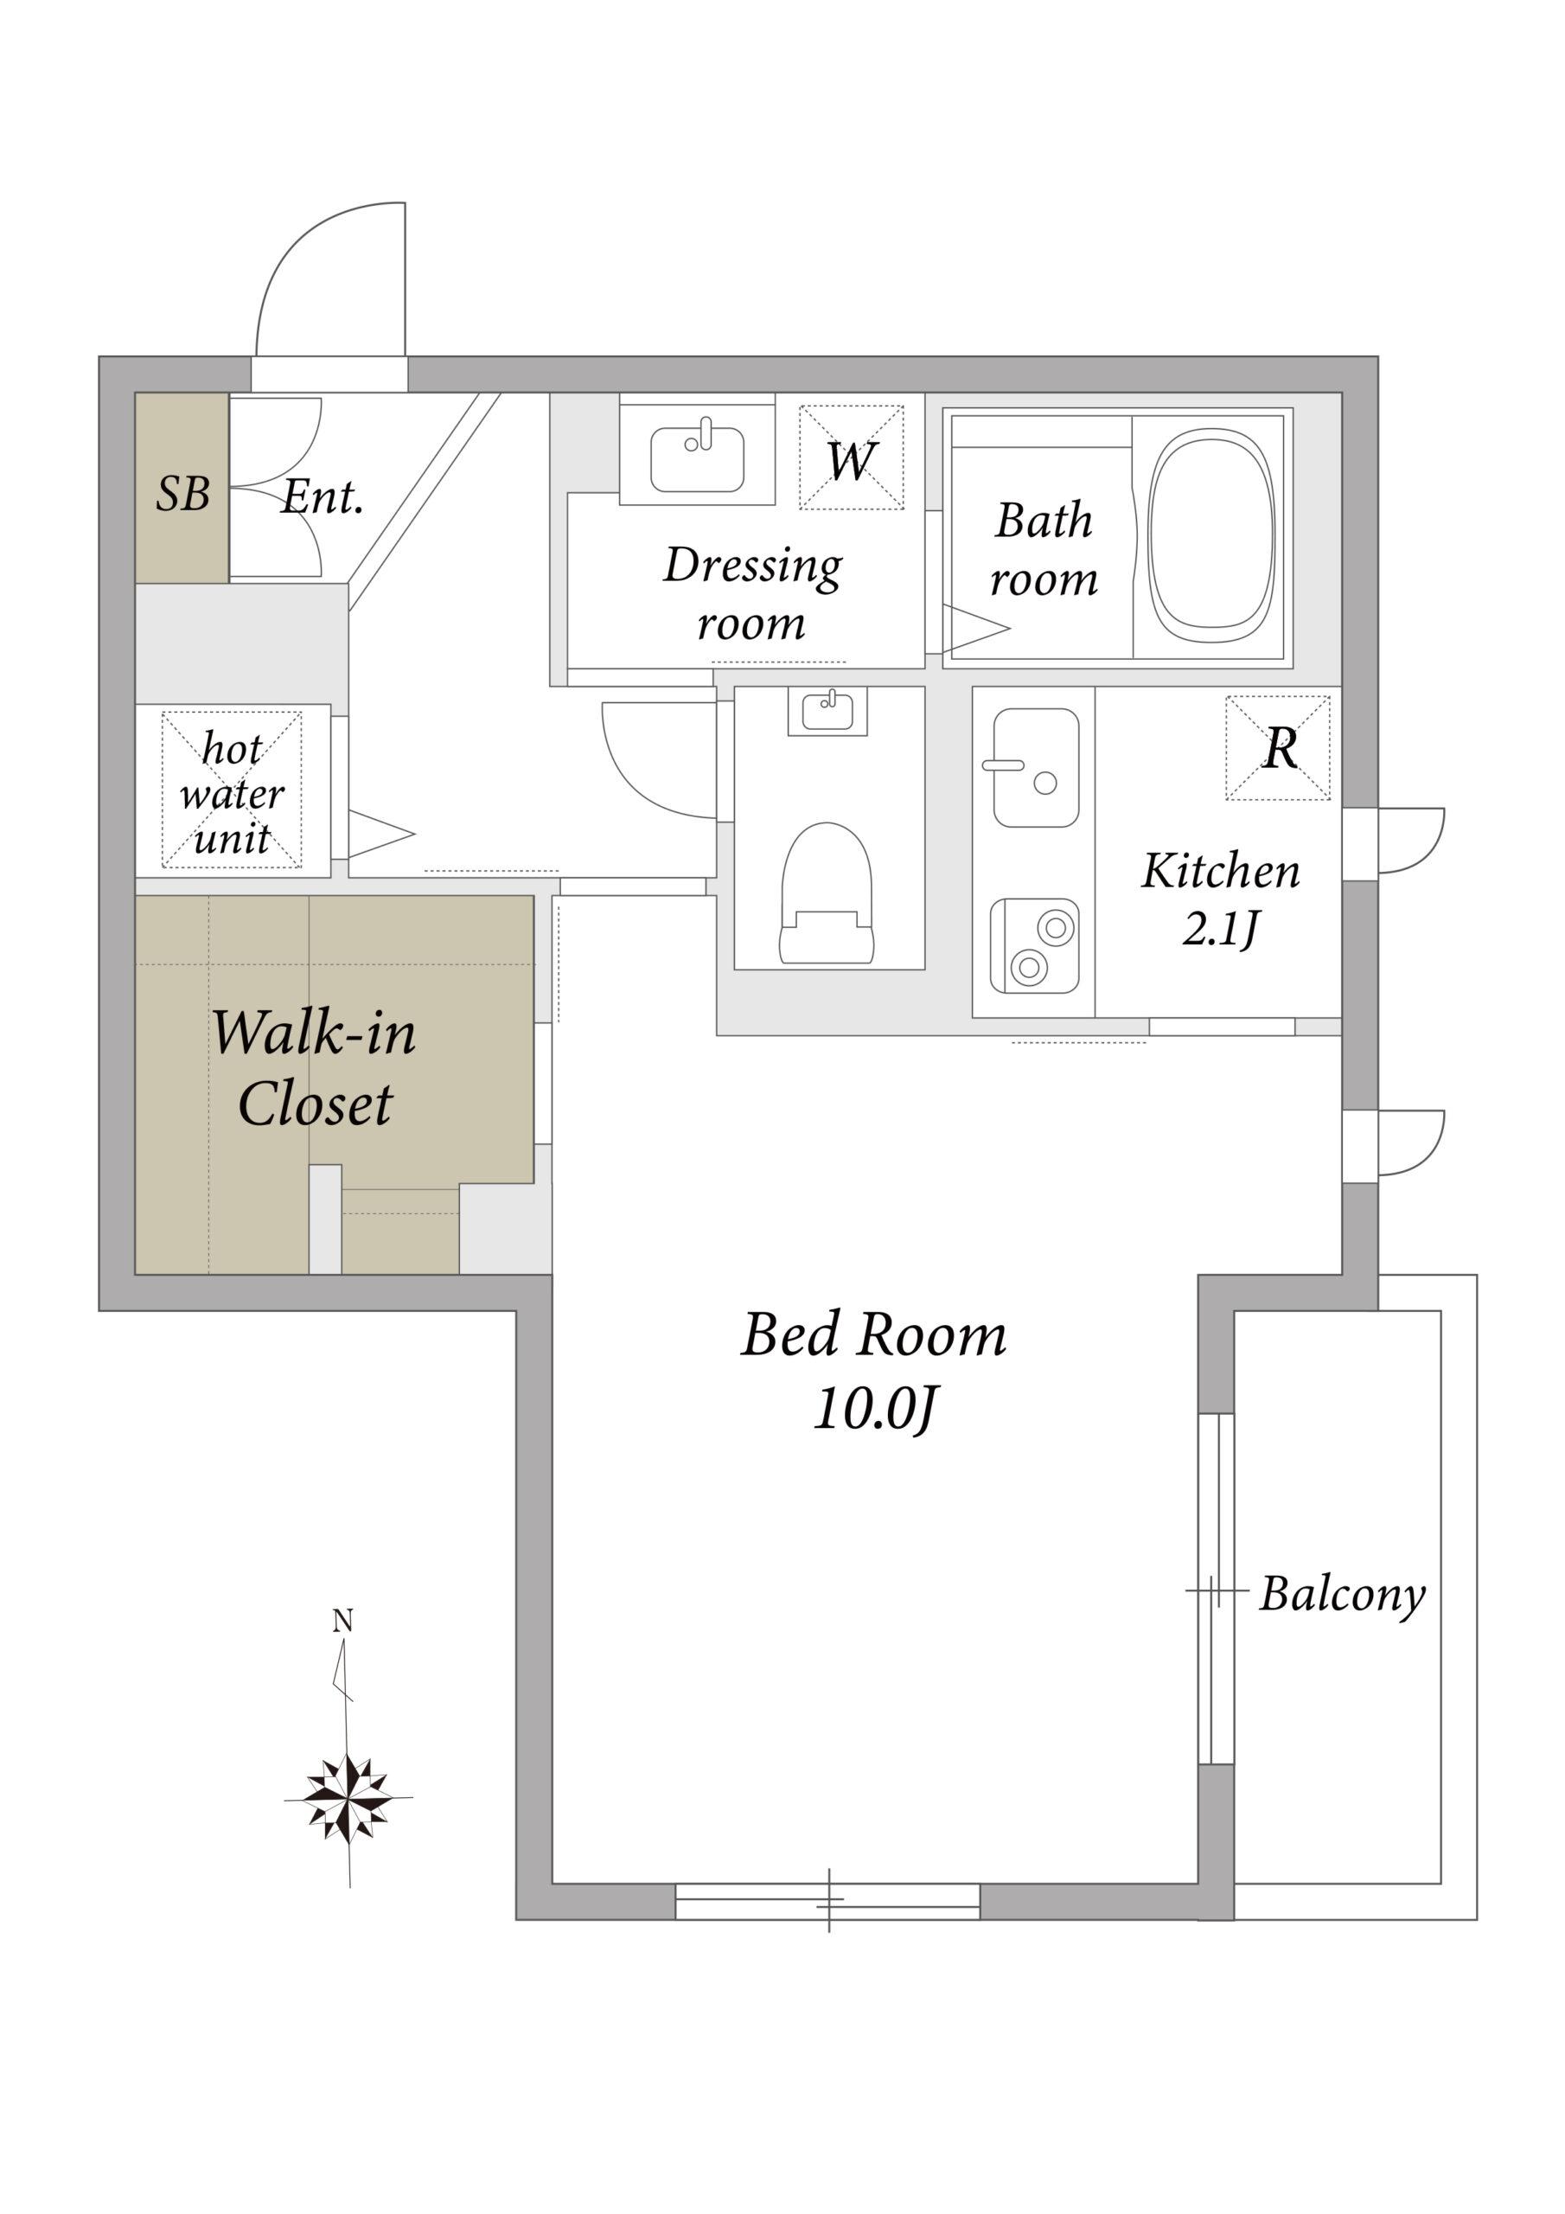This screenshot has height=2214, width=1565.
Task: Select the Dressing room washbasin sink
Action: point(697,459)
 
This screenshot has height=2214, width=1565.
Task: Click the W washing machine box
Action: point(852,458)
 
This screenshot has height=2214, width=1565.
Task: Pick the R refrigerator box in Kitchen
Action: point(1278,747)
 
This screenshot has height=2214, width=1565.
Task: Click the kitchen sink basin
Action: point(1036,768)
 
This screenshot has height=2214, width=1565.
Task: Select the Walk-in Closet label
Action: point(315,1067)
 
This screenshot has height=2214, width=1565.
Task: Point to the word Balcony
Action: point(1342,1595)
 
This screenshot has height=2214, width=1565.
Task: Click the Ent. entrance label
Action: point(322,496)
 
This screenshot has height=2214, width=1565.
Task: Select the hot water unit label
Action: point(233,794)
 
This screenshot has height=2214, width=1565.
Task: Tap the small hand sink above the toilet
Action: point(827,712)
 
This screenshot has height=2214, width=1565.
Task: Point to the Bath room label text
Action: point(1044,550)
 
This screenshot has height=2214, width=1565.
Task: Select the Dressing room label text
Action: point(752,594)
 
